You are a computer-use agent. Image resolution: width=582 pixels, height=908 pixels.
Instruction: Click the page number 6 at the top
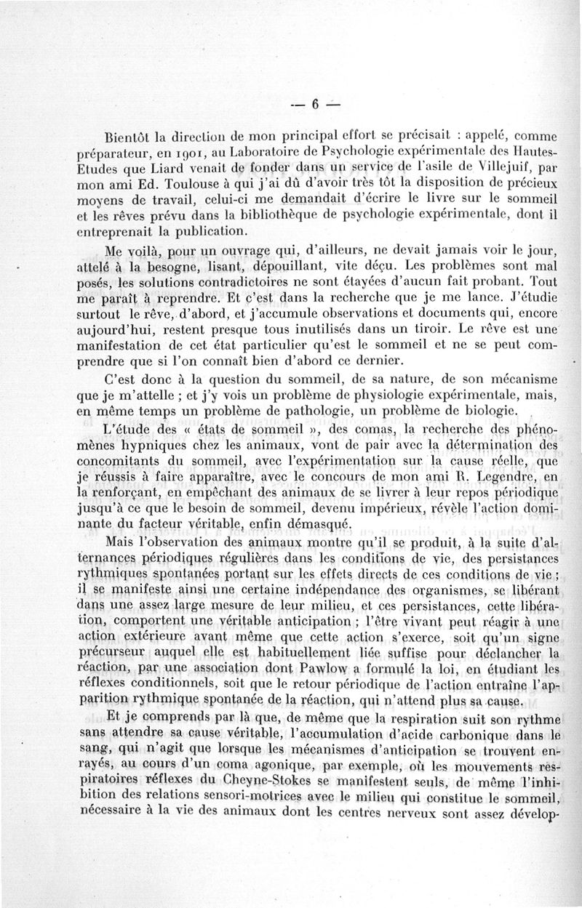316,104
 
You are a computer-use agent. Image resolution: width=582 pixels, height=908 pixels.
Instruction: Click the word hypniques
158,460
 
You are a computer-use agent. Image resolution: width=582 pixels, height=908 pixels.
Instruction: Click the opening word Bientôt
129,135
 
